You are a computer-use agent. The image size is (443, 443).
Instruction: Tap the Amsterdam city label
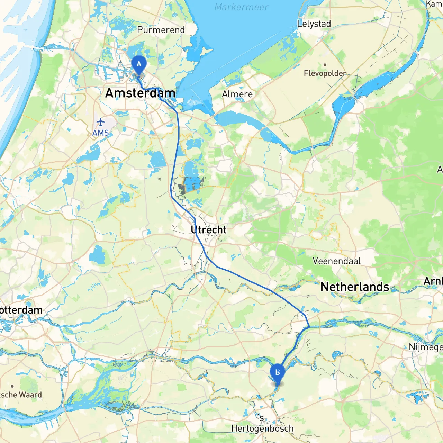click(140, 93)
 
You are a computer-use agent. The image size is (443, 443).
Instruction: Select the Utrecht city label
click(208, 230)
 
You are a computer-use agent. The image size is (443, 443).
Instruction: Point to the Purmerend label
click(161, 30)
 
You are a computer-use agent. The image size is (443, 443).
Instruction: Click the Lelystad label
click(314, 24)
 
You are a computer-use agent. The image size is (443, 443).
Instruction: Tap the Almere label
click(237, 94)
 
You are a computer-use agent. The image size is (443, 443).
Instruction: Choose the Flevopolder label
click(325, 73)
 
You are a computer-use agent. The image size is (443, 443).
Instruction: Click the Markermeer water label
click(241, 7)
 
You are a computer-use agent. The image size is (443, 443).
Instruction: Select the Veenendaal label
click(336, 261)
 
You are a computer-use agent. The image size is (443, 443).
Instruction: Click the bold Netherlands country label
click(355, 287)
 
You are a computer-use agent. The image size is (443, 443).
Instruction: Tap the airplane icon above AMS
click(100, 122)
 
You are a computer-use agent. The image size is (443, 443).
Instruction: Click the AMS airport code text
click(100, 133)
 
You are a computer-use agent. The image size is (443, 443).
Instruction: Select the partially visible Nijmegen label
click(425, 347)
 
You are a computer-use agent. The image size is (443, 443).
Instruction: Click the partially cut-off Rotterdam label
click(21, 310)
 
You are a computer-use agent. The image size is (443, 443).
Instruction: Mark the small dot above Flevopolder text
click(325, 65)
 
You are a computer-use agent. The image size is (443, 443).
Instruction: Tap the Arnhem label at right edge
click(433, 281)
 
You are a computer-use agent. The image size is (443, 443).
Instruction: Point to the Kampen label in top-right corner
click(434, 4)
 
